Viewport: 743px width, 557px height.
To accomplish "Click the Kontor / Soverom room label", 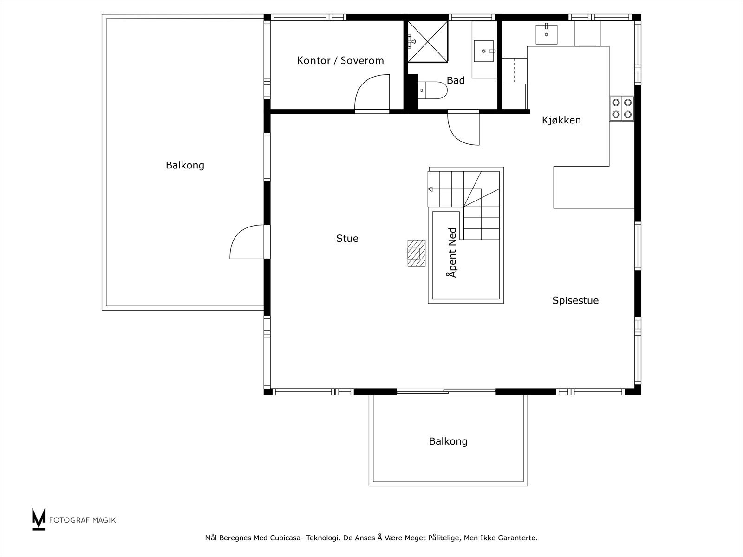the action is [x=340, y=60].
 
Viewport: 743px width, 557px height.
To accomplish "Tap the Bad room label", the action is [x=456, y=80].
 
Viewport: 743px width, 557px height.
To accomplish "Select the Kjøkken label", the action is [x=561, y=120].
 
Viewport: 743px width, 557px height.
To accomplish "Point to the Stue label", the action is [x=347, y=239].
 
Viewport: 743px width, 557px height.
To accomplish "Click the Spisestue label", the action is [x=575, y=300].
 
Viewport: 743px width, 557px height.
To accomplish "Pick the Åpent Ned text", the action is [x=452, y=253].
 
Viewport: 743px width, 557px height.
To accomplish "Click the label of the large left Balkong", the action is [x=185, y=165].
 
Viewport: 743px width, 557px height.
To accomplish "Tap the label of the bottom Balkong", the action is [x=448, y=441].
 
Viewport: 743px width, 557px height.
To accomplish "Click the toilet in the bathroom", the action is [x=433, y=91].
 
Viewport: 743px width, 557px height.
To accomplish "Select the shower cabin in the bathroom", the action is [x=428, y=42].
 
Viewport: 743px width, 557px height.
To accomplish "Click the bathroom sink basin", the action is [x=484, y=51].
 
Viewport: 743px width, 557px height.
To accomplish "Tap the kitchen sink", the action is [x=546, y=34].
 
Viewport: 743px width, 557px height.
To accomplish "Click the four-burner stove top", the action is [x=622, y=109].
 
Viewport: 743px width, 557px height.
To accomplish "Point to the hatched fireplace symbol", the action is [x=417, y=253].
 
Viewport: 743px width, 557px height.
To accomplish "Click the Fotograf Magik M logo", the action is [x=39, y=519].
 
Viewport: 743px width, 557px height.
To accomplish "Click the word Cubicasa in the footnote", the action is [x=285, y=538].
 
